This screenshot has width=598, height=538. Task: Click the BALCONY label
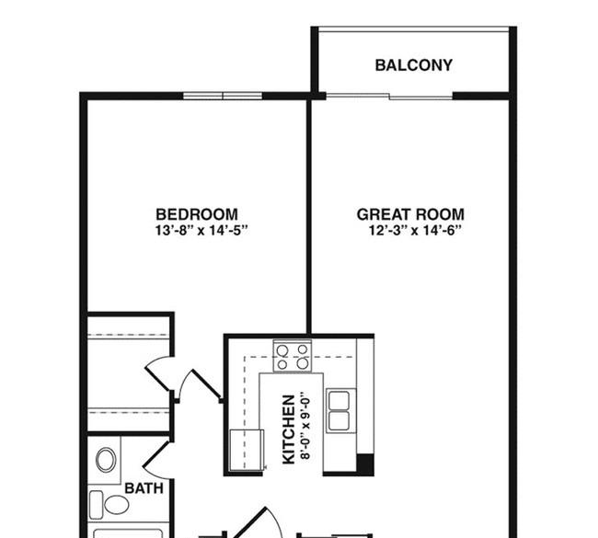click(x=414, y=65)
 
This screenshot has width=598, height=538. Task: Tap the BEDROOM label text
click(x=197, y=214)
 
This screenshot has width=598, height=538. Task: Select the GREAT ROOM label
click(x=410, y=214)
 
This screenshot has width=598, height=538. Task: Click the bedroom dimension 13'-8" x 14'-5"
click(x=201, y=230)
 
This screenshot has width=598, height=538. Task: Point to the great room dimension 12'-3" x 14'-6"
click(x=415, y=230)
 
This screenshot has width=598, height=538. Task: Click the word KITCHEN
click(x=289, y=429)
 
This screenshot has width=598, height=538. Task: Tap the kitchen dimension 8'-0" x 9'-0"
click(x=305, y=425)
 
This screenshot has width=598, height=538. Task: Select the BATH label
click(x=144, y=488)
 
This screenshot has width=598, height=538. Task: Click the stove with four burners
click(x=293, y=356)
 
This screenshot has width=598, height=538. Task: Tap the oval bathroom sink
click(x=106, y=460)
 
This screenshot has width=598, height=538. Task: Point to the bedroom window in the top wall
click(x=223, y=96)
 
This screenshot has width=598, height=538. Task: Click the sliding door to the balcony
click(x=389, y=96)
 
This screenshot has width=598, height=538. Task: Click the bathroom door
click(x=155, y=454)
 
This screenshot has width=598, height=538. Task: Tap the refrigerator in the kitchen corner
click(x=247, y=450)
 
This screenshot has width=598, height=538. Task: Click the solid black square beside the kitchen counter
click(x=365, y=464)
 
